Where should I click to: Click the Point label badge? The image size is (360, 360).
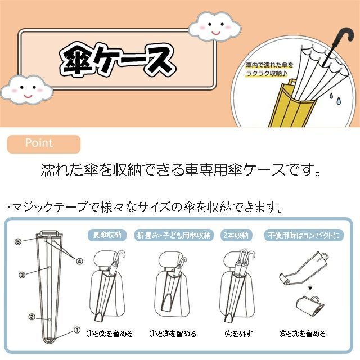pyautogui.click(x=44, y=144)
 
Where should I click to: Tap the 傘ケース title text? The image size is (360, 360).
pyautogui.click(x=118, y=60)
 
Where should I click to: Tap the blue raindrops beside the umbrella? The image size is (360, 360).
pyautogui.click(x=336, y=97)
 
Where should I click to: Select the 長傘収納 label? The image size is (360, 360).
pyautogui.click(x=107, y=235)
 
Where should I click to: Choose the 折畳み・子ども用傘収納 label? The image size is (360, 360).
pyautogui.click(x=174, y=235)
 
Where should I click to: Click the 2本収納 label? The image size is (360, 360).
pyautogui.click(x=236, y=235)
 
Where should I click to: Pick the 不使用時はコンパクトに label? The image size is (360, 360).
pyautogui.click(x=304, y=235)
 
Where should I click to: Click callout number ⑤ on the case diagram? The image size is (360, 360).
pyautogui.click(x=18, y=241)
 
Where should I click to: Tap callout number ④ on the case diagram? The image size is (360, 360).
pyautogui.click(x=79, y=261)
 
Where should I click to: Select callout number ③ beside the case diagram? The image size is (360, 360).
pyautogui.click(x=22, y=274)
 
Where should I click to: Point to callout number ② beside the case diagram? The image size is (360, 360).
pyautogui.click(x=31, y=317)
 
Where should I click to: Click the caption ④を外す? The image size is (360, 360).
pyautogui.click(x=238, y=334)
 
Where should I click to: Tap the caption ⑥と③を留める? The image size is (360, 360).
pyautogui.click(x=303, y=334)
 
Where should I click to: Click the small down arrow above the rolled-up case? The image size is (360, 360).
pyautogui.click(x=310, y=287)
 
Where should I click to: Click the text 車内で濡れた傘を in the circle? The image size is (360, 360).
pyautogui.click(x=269, y=65)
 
